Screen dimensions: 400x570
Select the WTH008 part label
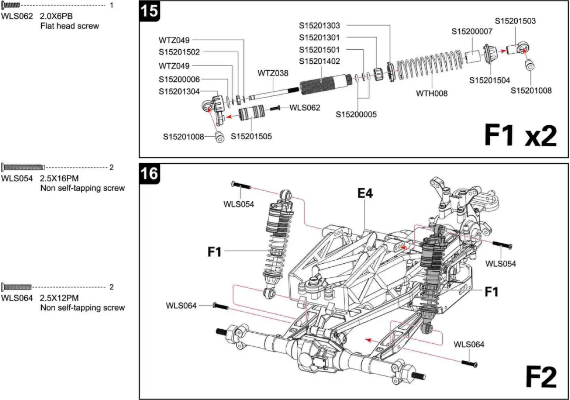(x=432, y=93)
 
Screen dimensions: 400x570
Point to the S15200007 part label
(x=472, y=32)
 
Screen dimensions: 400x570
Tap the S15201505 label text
(x=251, y=137)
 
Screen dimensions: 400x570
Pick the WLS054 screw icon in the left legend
(x=23, y=167)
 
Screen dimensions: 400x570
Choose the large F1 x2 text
(x=520, y=135)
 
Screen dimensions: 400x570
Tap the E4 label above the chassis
(x=364, y=193)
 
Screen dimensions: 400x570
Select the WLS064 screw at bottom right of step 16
(x=469, y=363)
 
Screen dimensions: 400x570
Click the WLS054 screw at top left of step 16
(x=241, y=186)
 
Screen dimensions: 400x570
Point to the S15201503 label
(x=515, y=21)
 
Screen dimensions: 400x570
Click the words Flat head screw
(x=69, y=26)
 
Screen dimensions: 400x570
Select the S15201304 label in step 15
(x=179, y=91)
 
